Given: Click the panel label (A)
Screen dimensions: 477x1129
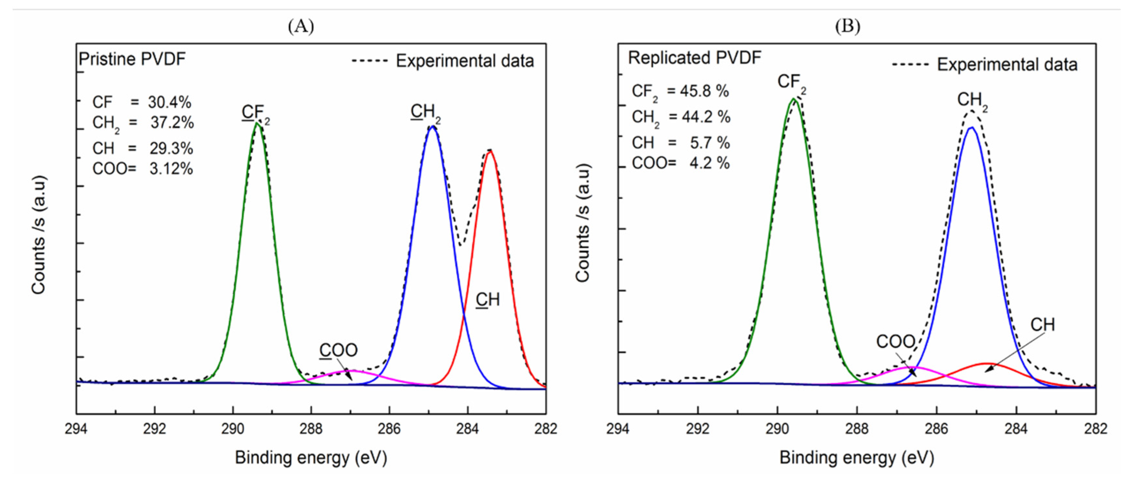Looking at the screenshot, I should point(301,27).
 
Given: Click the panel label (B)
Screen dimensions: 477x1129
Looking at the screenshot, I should point(847,27).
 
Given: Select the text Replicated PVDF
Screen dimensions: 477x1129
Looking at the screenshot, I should point(695,58).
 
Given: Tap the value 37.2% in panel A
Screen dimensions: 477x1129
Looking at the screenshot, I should point(172,123).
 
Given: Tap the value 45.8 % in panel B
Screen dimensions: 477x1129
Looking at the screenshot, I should point(704,91).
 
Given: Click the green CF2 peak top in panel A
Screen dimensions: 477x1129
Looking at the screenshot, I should point(258,124).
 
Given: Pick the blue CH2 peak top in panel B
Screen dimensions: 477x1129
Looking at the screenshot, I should point(972,128).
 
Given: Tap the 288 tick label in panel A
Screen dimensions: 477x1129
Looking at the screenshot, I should point(311,429).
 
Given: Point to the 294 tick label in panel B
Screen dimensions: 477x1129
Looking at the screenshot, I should point(618,429).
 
